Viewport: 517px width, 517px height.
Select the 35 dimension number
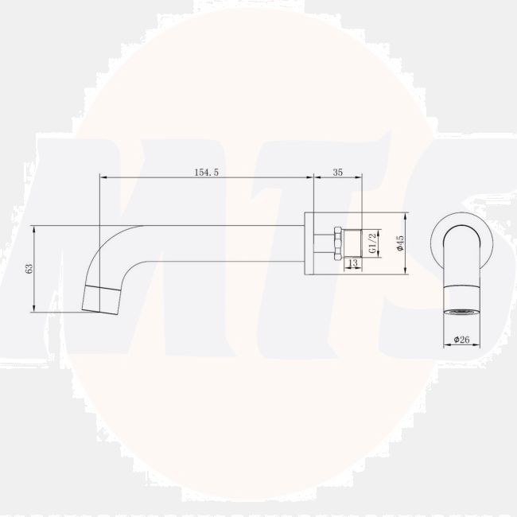click(338, 171)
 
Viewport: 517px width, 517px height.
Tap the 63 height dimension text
click(29, 269)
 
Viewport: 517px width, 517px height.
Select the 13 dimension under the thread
click(352, 262)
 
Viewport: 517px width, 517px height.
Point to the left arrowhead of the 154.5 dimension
click(102, 177)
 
